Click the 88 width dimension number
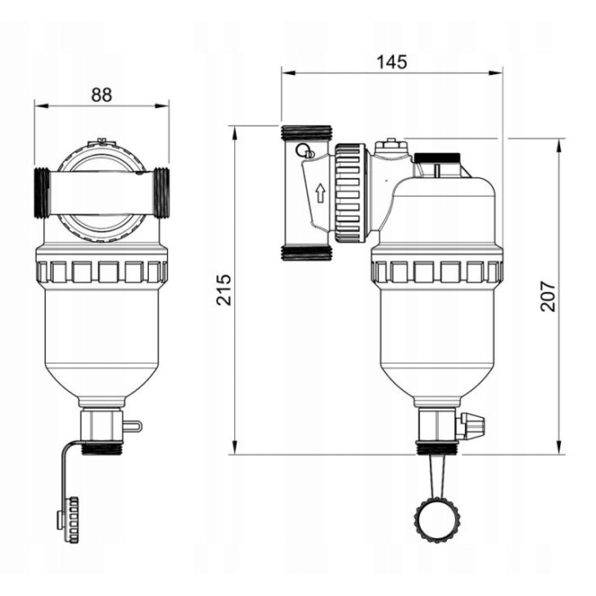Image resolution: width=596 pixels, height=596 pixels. [101, 95]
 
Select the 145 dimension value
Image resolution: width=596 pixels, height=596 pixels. [392, 62]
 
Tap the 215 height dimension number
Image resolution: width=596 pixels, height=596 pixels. [224, 290]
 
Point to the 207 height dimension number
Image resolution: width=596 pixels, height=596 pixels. [548, 295]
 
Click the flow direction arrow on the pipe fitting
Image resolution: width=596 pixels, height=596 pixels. [320, 192]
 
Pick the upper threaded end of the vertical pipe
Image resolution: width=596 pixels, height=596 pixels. [306, 133]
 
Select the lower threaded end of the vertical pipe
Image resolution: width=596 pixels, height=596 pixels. [306, 253]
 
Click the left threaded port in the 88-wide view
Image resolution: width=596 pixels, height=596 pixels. [41, 194]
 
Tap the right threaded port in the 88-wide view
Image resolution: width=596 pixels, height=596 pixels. [163, 194]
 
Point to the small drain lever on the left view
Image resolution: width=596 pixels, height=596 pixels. [131, 425]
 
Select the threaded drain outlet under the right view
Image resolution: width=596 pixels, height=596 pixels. [435, 447]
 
